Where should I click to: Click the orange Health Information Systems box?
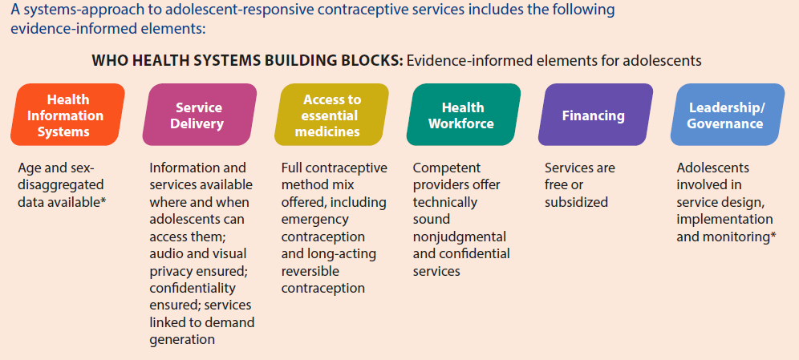pos(68,115)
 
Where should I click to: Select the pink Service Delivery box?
pos(199,115)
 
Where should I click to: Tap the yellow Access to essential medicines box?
pos(331,115)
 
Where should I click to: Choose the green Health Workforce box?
pos(462,115)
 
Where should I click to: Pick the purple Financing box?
pos(593,115)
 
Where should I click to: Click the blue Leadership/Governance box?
pos(725,115)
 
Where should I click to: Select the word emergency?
pos(316,220)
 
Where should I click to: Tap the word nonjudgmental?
pos(461,237)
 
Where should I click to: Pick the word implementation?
pos(724,220)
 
